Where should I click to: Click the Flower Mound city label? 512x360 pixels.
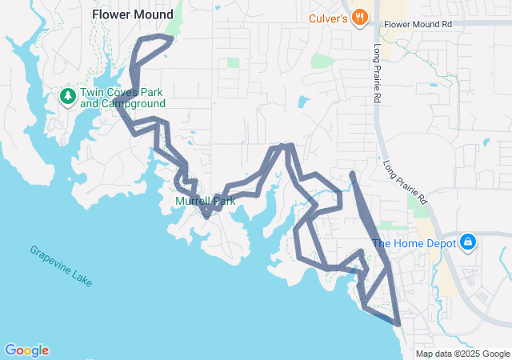tap(132, 14)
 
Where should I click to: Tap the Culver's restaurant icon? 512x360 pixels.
tap(361, 16)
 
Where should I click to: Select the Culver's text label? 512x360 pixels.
tap(329, 17)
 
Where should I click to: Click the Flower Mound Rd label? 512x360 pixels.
tap(418, 25)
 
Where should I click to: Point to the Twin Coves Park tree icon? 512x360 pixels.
tap(68, 98)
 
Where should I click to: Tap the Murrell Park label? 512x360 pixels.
tap(206, 201)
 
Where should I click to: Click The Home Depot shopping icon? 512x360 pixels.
tap(468, 242)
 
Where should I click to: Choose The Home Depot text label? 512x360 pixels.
tap(414, 243)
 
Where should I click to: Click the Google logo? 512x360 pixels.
tap(26, 350)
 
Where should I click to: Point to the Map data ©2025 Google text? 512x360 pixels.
tap(462, 354)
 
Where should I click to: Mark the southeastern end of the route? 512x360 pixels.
tap(398, 324)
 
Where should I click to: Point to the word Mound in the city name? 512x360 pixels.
tap(153, 14)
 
